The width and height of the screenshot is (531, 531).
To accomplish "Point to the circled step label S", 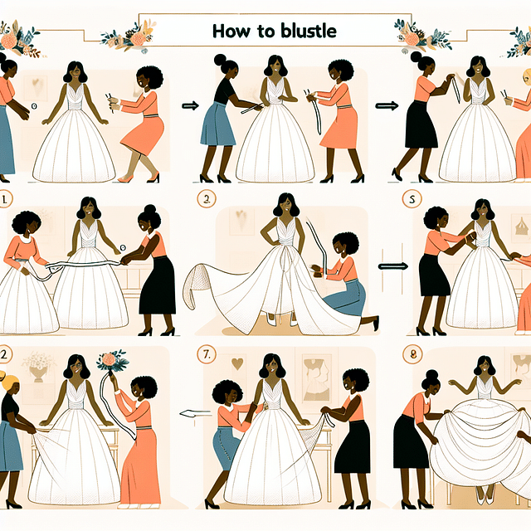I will tap(408, 200).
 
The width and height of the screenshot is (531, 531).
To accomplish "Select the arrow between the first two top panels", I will tap(188, 105).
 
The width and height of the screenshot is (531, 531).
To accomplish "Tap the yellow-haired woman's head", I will tap(9, 384).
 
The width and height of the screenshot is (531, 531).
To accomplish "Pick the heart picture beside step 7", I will tap(238, 363).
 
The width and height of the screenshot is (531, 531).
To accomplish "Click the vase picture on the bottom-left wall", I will tap(37, 364).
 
